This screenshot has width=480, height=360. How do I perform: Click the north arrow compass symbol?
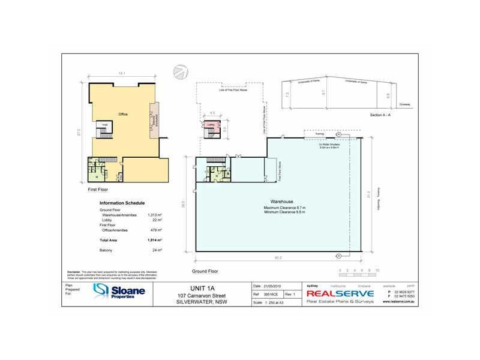click(180, 71)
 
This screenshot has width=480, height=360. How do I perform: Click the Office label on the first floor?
click(123, 113)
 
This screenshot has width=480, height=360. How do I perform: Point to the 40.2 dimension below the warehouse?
click(278, 259)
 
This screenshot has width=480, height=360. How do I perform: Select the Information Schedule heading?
click(122, 203)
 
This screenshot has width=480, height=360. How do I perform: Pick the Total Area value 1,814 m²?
click(155, 239)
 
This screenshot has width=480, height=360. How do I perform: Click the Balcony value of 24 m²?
click(158, 249)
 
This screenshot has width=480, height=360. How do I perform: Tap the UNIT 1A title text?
click(199, 288)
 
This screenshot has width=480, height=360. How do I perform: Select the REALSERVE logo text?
click(340, 293)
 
